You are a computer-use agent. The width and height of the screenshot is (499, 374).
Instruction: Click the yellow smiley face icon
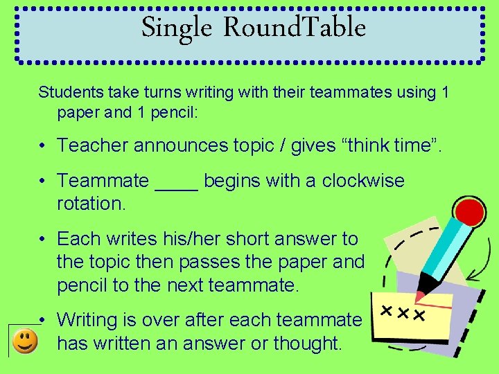point(26,341)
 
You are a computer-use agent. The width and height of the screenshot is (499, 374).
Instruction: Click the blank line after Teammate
point(177,181)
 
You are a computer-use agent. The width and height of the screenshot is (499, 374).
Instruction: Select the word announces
point(180,145)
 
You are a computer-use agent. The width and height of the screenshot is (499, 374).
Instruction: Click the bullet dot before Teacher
point(42,145)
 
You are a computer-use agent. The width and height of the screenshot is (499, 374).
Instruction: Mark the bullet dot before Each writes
point(42,240)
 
